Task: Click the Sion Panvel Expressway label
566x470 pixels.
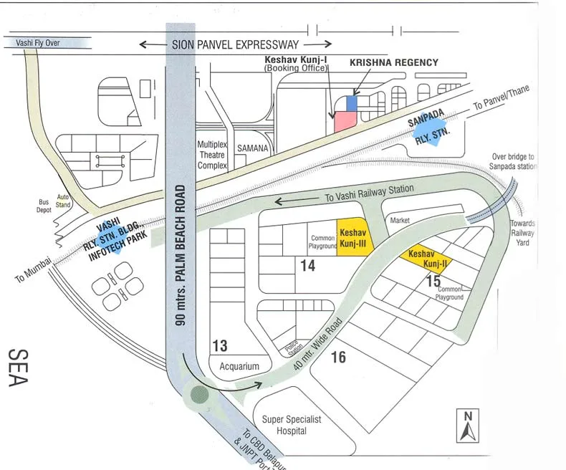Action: (235, 44)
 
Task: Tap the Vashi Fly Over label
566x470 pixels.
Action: (38, 43)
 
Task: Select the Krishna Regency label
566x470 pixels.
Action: (393, 63)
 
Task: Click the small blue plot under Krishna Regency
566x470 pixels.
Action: (351, 103)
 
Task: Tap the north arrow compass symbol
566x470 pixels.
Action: (467, 426)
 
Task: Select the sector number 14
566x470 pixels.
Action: (307, 266)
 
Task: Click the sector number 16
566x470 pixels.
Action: (338, 357)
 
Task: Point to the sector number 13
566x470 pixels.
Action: (219, 346)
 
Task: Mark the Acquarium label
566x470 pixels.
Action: (239, 366)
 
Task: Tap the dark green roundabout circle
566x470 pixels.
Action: (199, 394)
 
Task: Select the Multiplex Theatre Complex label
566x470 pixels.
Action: (212, 155)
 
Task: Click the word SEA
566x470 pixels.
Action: (18, 367)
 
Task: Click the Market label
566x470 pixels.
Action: (400, 221)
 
